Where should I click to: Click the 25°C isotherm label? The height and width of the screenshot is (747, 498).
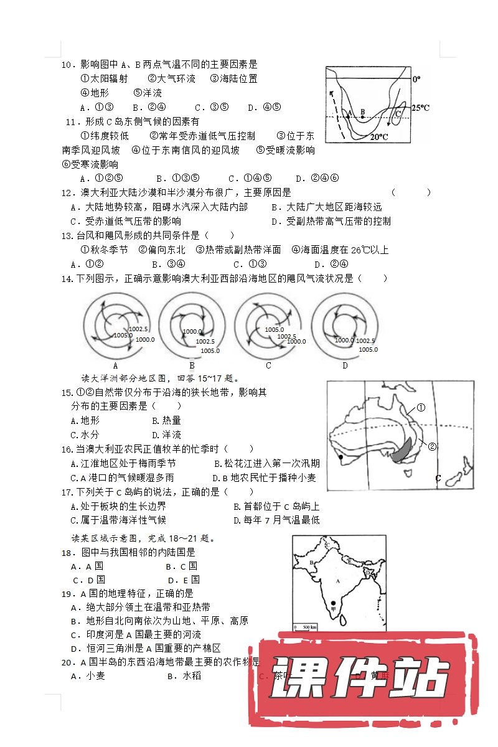tap(421, 108)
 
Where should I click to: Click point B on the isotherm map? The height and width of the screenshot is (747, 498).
tap(362, 116)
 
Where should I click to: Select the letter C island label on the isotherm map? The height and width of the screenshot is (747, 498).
tap(398, 113)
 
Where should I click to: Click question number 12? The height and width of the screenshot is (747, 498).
tap(67, 193)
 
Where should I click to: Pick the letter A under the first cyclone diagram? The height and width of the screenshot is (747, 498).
tap(115, 366)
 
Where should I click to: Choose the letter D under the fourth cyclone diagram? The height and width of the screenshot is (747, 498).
tap(345, 366)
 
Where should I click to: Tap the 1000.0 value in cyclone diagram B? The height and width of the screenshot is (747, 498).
tap(193, 332)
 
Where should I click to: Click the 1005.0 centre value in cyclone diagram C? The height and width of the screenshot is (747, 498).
tap(274, 329)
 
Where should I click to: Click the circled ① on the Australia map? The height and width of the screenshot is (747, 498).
tap(421, 408)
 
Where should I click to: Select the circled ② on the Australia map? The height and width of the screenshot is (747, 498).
tap(433, 446)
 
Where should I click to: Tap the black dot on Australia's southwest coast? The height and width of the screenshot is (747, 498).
tap(341, 458)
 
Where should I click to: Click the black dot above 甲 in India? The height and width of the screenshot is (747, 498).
tap(334, 603)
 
